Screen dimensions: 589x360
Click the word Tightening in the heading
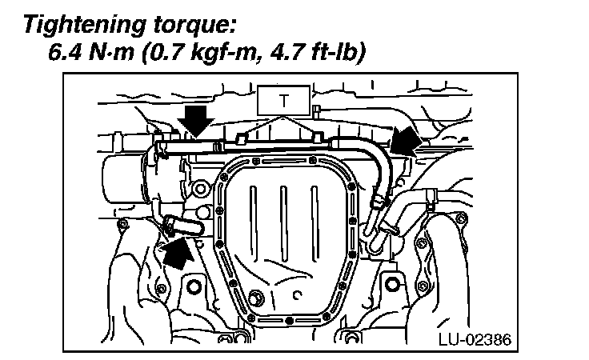pos(85,26)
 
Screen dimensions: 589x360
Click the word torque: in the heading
pos(195,26)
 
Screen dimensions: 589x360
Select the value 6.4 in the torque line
pos(65,52)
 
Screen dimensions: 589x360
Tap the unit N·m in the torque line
pos(111,53)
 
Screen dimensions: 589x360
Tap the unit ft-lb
pos(334,53)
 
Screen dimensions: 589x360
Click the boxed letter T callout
pos(283,101)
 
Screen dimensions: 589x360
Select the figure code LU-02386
pos(475,339)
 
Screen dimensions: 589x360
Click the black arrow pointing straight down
pos(196,121)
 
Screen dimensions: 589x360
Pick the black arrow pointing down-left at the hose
pos(406,141)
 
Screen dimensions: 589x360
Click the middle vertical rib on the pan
pos(284,222)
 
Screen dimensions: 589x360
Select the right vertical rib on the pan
pos(315,222)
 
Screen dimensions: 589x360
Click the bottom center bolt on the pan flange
pos(289,321)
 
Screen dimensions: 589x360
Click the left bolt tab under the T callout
pos(241,138)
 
